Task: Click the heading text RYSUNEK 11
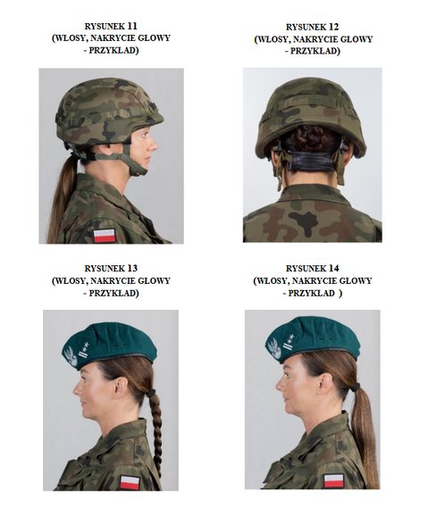click(111, 26)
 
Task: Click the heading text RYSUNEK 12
click(313, 27)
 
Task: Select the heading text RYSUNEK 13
click(111, 269)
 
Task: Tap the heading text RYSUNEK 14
click(313, 269)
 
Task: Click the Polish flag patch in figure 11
click(105, 236)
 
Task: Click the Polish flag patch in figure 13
click(130, 483)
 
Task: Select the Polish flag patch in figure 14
click(333, 481)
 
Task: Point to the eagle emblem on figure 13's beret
click(71, 356)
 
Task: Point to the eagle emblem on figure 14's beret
click(274, 349)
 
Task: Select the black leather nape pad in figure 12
click(311, 160)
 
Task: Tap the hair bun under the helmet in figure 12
click(309, 137)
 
